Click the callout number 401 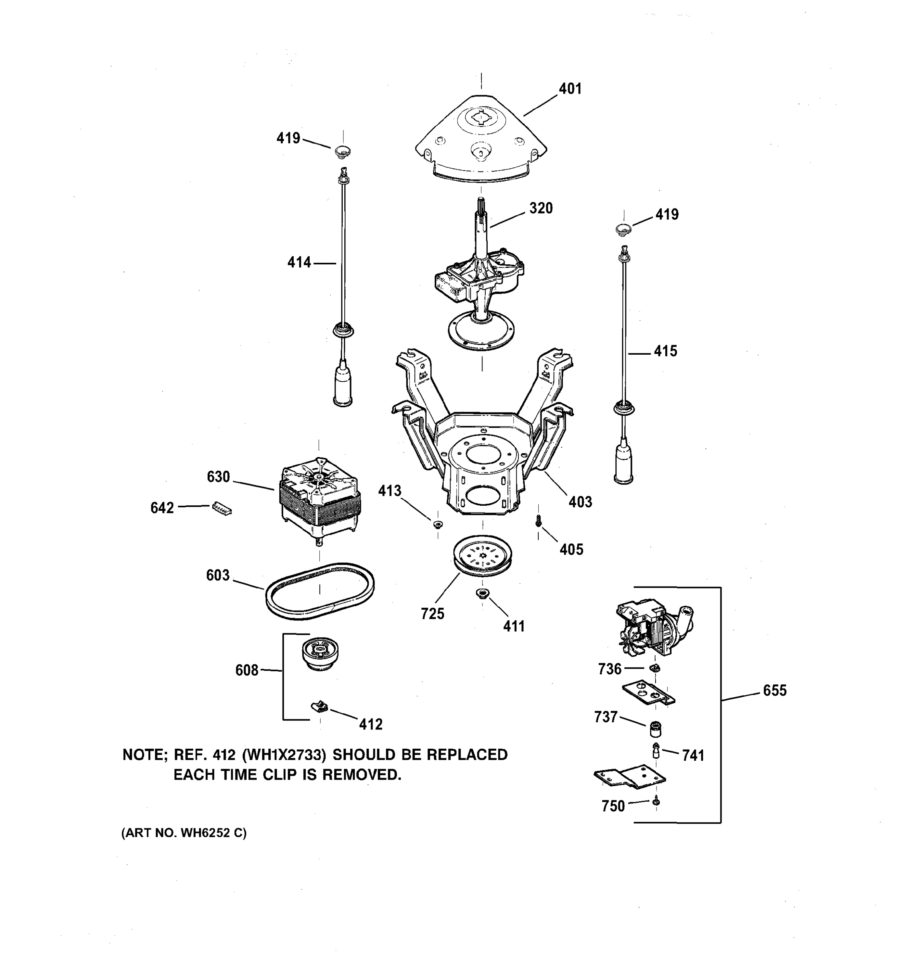(569, 89)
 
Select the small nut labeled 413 (438, 524)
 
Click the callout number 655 (774, 690)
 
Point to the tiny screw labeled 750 (656, 802)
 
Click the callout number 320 (541, 208)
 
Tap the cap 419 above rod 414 (342, 151)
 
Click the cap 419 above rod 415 (623, 229)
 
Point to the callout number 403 (580, 502)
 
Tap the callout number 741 (693, 756)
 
